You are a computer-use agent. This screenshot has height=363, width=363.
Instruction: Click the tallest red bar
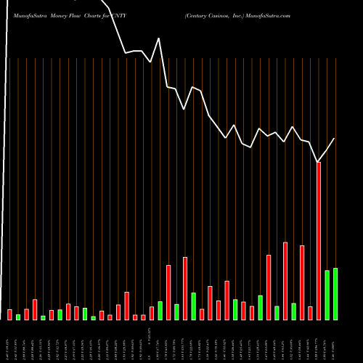click(x=319, y=240)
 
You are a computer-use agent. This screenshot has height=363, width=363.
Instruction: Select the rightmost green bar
click(x=335, y=294)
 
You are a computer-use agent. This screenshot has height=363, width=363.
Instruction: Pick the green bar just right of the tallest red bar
click(x=327, y=295)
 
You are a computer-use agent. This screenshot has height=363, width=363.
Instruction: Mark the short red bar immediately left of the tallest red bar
click(x=310, y=313)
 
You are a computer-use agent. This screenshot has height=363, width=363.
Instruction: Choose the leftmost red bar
click(x=9, y=314)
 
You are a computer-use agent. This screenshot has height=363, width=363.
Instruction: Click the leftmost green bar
click(x=18, y=317)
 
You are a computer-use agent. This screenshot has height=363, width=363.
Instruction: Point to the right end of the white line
click(x=335, y=138)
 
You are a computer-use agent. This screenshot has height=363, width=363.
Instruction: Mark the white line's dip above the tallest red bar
click(x=318, y=161)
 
